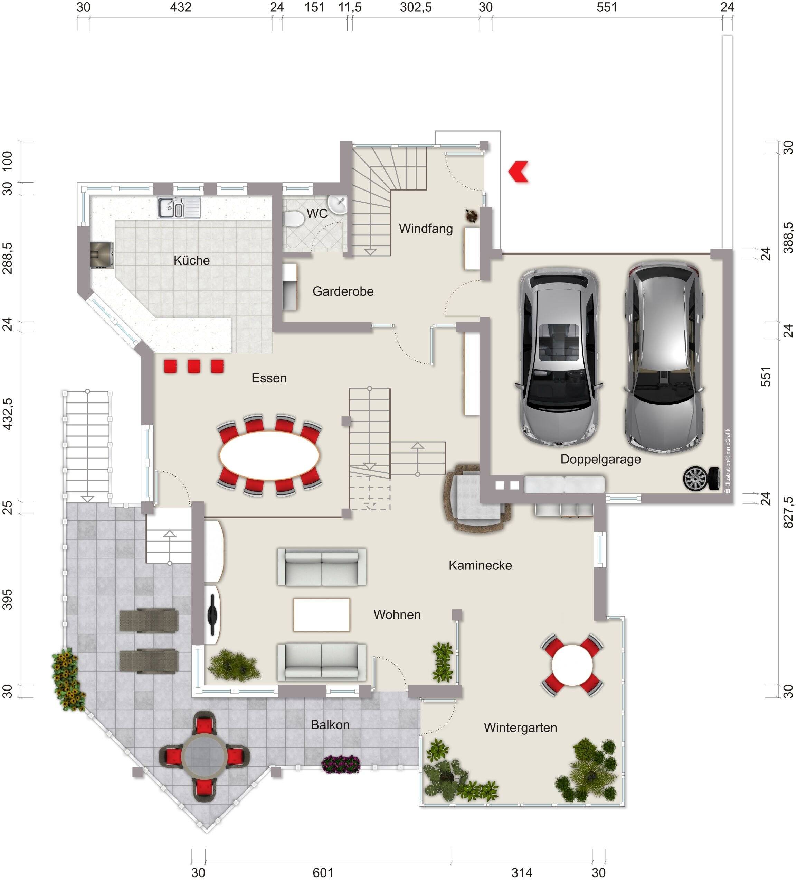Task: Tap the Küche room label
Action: (x=191, y=261)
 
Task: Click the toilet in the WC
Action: (x=294, y=218)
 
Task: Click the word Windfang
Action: (x=425, y=228)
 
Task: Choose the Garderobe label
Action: (x=343, y=291)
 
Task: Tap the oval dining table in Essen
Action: (x=269, y=456)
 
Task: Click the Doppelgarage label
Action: (x=600, y=459)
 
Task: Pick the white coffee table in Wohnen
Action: (x=322, y=614)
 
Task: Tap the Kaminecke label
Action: (x=480, y=565)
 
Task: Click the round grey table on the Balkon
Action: (x=204, y=756)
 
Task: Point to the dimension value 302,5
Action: (x=416, y=7)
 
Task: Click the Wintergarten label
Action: (x=520, y=728)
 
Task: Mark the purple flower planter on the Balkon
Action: (x=341, y=764)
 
